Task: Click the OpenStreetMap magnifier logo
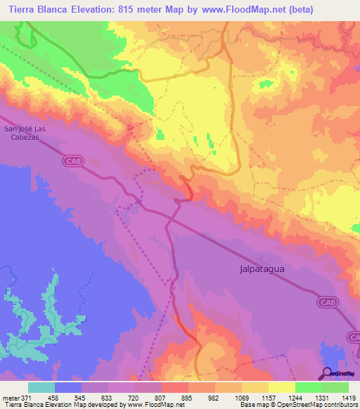tap(326, 372)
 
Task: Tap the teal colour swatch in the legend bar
tap(41, 387)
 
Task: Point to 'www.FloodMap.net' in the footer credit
tap(160, 405)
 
